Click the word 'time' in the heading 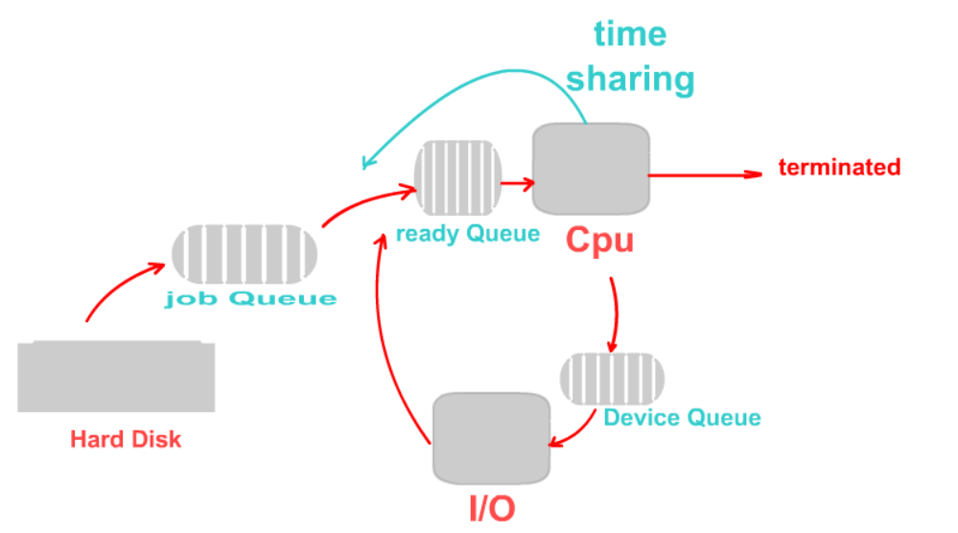(x=630, y=35)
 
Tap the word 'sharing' (x=630, y=80)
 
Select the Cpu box (x=590, y=169)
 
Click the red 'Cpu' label (x=599, y=239)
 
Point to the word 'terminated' (x=839, y=168)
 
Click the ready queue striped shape (x=457, y=178)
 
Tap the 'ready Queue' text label (x=467, y=234)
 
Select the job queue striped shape (x=245, y=254)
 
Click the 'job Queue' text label (x=251, y=298)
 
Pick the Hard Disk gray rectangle (x=116, y=376)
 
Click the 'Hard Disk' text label (x=126, y=440)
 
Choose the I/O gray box (x=491, y=437)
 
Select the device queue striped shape (x=612, y=380)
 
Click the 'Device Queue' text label (x=682, y=418)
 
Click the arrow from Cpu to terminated (x=705, y=174)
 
